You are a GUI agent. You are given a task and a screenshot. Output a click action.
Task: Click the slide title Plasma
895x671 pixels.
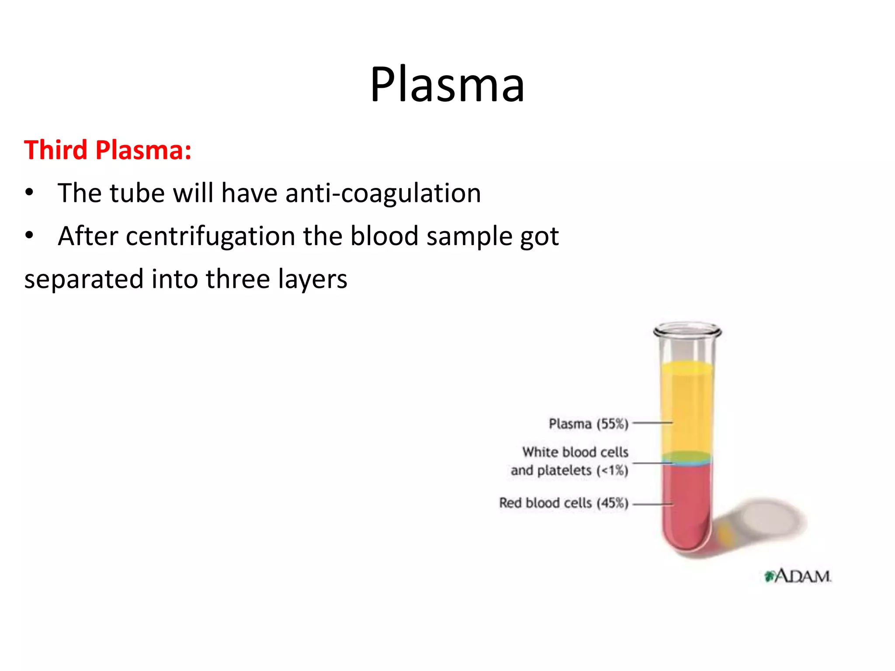tap(447, 84)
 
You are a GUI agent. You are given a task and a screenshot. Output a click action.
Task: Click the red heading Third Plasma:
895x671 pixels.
tap(108, 150)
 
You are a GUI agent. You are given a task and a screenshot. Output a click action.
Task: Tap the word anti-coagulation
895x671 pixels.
tap(383, 193)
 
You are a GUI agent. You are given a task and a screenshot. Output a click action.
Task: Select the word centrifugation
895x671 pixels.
tap(210, 236)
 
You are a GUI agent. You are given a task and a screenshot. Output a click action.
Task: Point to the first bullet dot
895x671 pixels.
tap(29, 193)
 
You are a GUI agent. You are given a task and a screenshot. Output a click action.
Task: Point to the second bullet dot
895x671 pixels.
tap(29, 235)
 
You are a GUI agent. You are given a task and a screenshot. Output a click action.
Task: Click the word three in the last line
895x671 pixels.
tap(237, 279)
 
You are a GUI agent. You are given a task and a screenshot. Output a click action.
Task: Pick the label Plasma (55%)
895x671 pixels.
tap(588, 424)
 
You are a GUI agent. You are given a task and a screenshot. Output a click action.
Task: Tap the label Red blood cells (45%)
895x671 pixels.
tap(564, 503)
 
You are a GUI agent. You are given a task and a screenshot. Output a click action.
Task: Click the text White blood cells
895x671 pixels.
tap(575, 452)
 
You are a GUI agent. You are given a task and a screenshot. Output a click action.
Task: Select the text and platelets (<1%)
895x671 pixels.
tap(569, 470)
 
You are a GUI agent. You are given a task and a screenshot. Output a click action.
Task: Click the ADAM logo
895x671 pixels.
tap(798, 576)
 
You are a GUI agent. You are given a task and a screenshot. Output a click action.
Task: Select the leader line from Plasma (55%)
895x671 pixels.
tap(652, 423)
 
